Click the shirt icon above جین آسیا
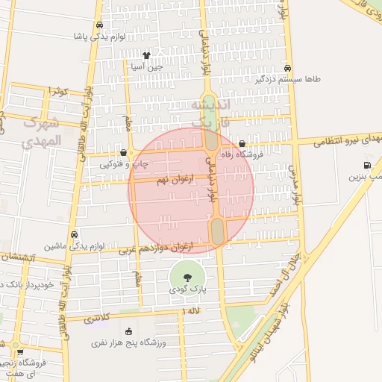coord(146,54)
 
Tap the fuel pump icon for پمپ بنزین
coord(366,166)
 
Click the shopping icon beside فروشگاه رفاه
coord(242,144)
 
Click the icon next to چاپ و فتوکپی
coord(123,152)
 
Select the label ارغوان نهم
coord(174,181)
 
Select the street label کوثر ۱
coord(57,90)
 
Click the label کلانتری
coord(97,317)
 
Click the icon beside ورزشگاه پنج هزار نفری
coord(128,331)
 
